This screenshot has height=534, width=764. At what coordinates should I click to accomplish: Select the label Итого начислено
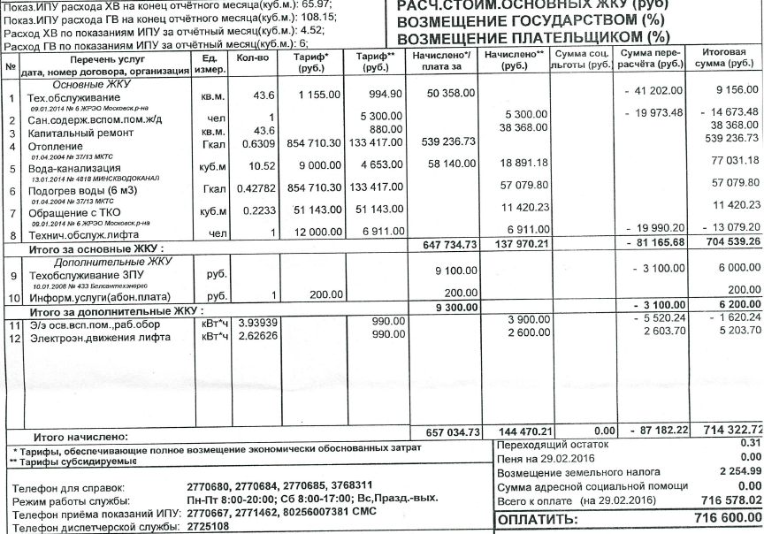(80, 437)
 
